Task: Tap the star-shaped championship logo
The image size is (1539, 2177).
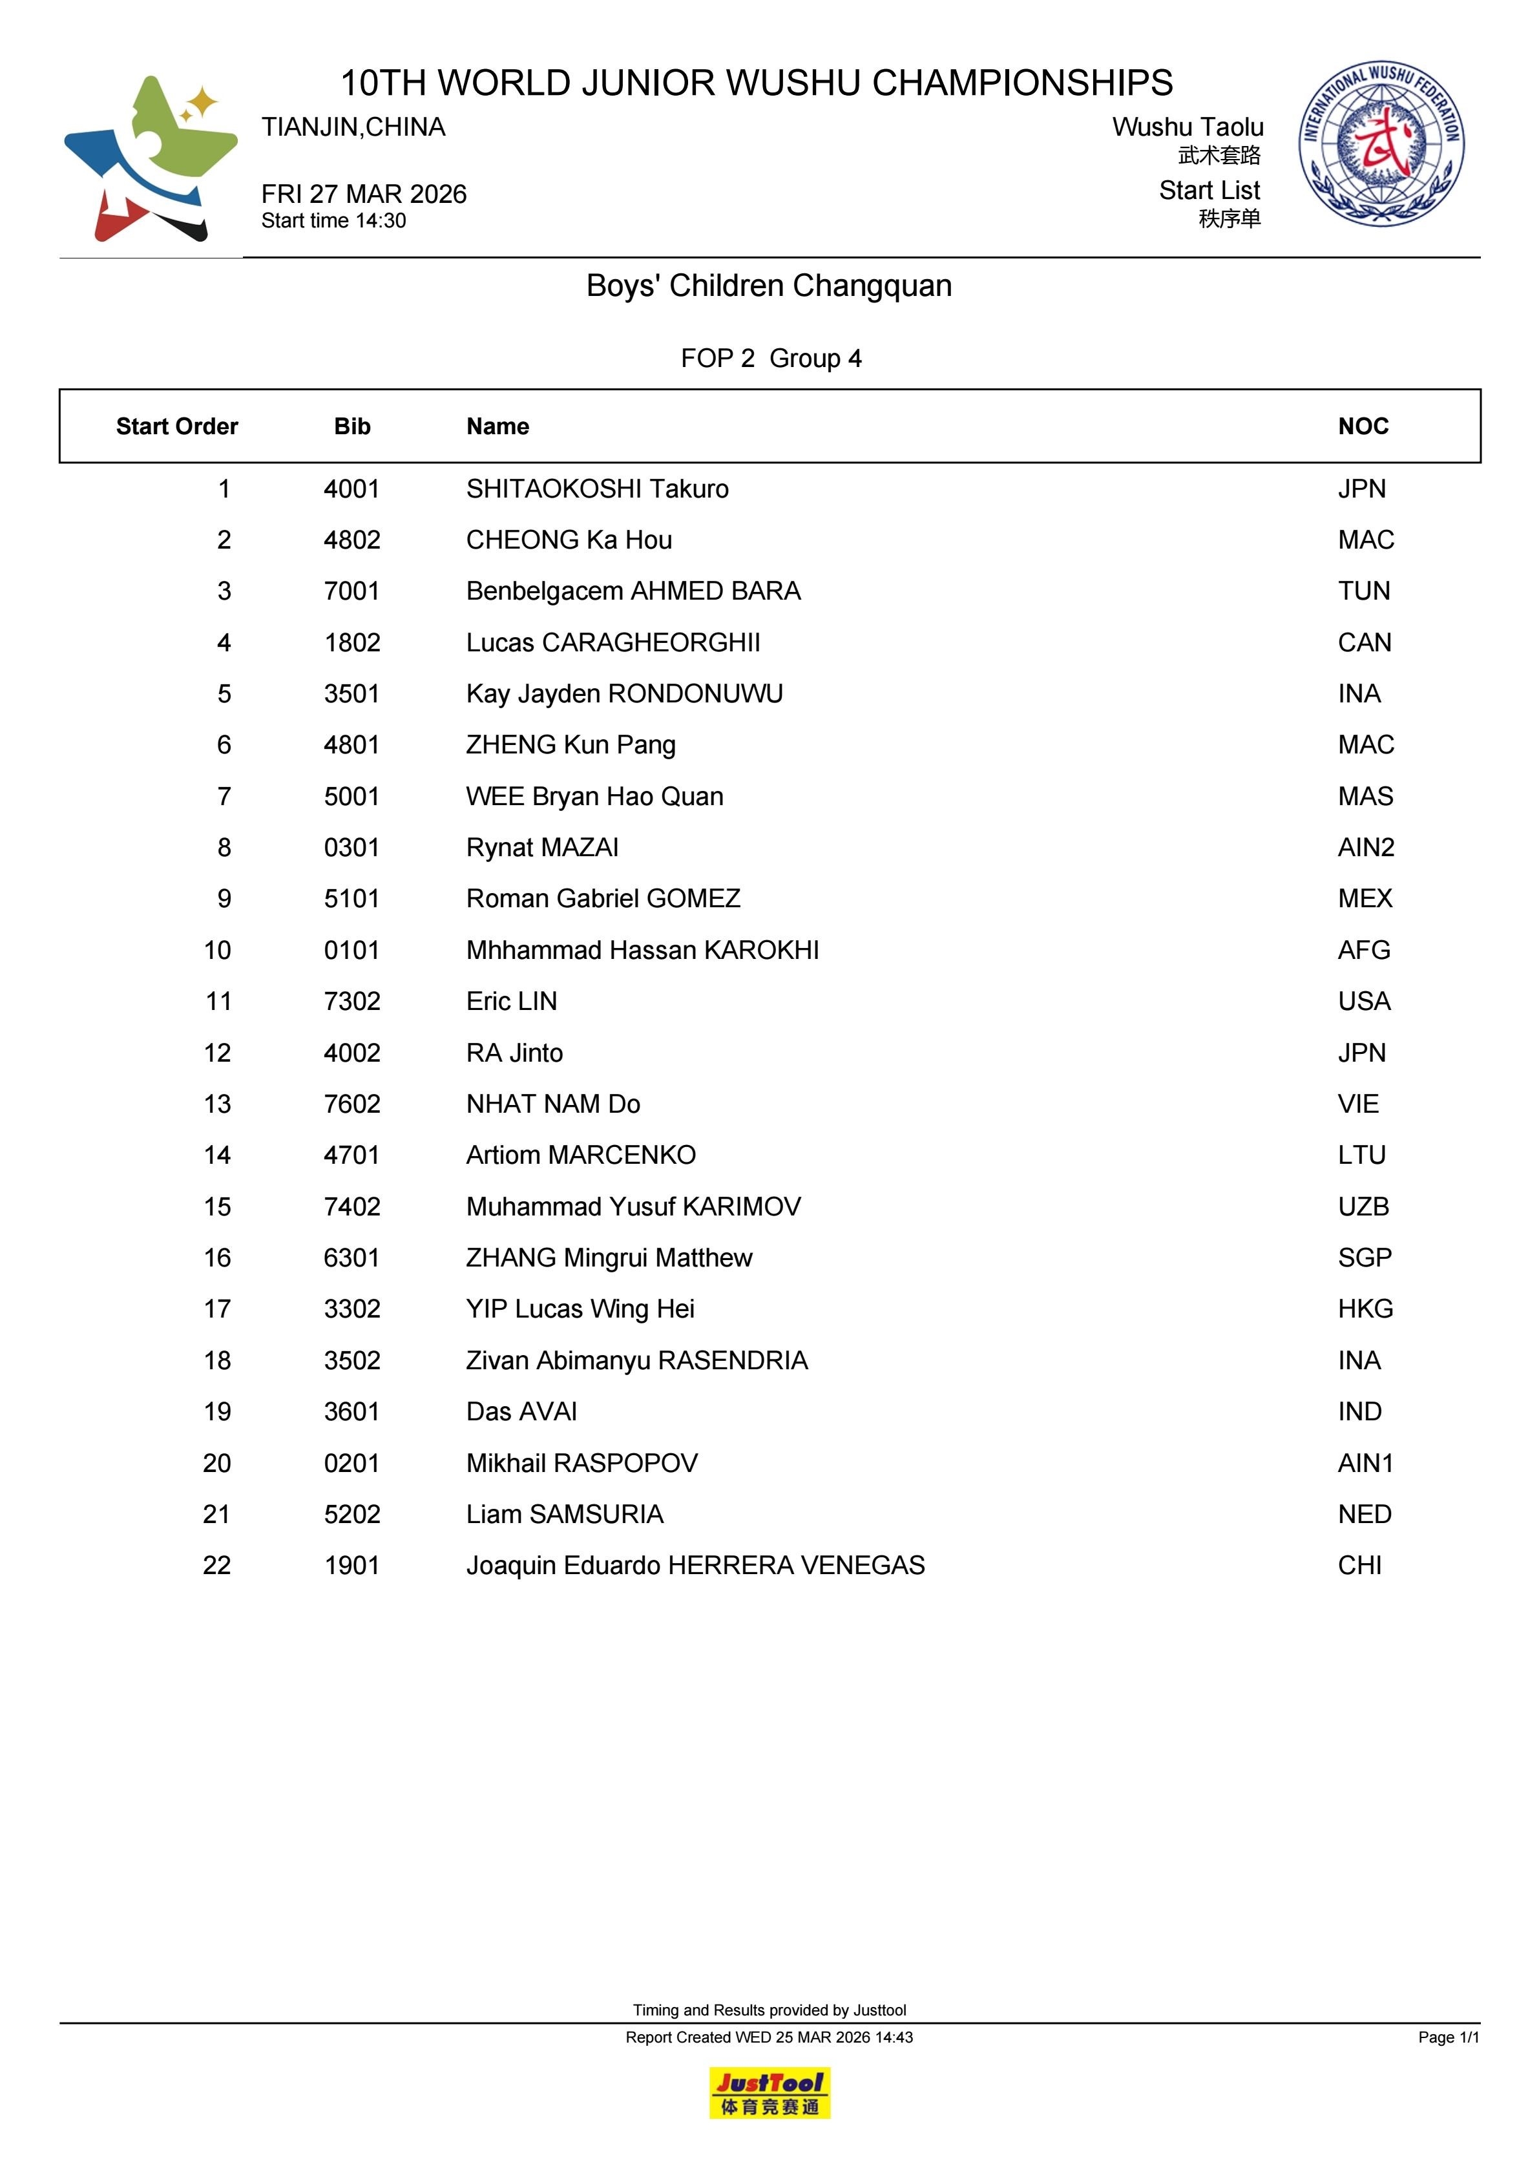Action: [151, 158]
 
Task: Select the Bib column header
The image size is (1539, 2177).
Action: [351, 426]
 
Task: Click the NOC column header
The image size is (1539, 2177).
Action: [1363, 426]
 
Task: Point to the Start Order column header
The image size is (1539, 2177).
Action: [176, 426]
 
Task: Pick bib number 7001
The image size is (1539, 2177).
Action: [351, 592]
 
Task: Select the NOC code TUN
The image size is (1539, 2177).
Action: [1363, 592]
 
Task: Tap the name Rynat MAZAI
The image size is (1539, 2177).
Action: [541, 848]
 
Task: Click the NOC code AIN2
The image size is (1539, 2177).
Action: [1365, 848]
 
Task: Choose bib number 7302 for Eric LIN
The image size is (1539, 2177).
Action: [351, 1002]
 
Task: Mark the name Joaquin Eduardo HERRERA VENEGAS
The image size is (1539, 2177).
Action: [695, 1566]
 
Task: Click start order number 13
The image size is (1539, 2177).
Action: [217, 1104]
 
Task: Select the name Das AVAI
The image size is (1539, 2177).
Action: [521, 1412]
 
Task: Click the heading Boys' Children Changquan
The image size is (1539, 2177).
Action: [769, 286]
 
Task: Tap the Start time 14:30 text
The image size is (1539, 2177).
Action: [334, 221]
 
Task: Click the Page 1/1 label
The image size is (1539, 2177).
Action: [1448, 2037]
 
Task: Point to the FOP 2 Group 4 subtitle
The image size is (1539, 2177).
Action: [771, 359]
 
